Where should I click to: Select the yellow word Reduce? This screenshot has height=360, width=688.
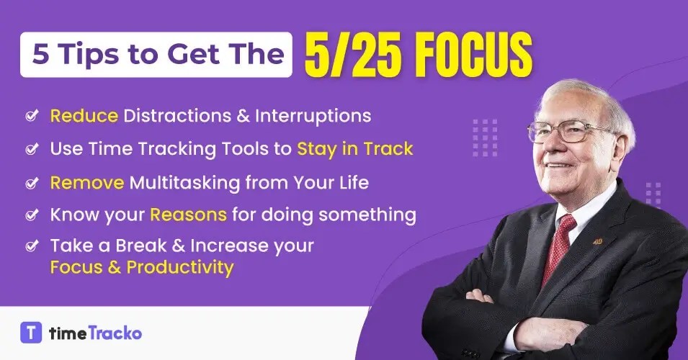pos(84,115)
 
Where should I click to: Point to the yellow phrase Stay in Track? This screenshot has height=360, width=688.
pos(355,149)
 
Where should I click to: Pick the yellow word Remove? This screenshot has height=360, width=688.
pos(87,183)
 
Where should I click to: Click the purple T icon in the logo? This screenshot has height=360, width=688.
pos(31,333)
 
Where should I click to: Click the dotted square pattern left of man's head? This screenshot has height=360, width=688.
pos(485,137)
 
